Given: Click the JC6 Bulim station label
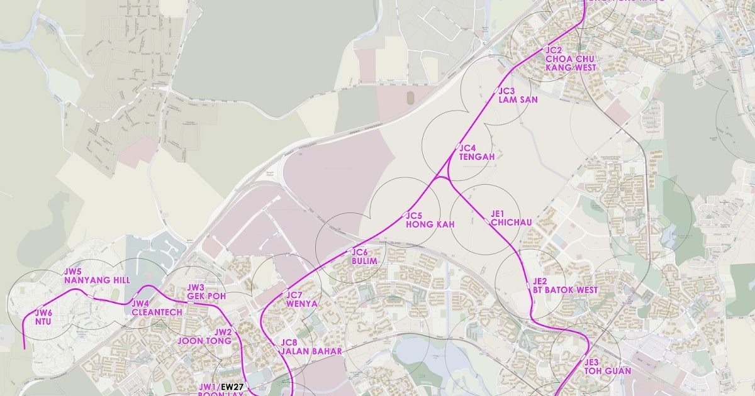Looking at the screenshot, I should pos(364,256).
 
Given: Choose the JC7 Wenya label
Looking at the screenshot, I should pos(301,299).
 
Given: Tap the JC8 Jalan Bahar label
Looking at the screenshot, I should pos(311,347).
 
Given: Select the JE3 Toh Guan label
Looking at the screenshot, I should pos(607,366).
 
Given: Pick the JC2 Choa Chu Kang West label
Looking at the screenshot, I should pos(569,58).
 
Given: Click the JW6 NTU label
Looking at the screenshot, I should pos(43,317).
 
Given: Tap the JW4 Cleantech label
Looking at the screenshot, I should pos(157,308).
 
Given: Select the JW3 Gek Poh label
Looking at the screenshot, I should pos(205,292).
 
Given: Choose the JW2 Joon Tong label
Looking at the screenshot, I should pos(206,336).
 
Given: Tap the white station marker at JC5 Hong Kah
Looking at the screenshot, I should pos(403,215).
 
